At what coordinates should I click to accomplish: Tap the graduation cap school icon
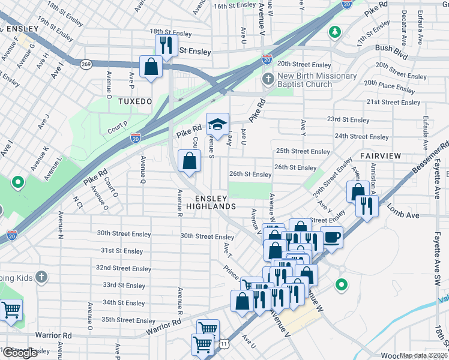(x=217, y=124)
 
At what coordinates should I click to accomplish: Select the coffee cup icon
(x=331, y=236)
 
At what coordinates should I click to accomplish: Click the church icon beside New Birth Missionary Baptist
(x=268, y=80)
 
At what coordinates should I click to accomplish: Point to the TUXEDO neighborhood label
(x=135, y=101)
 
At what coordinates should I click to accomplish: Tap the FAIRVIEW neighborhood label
(x=381, y=155)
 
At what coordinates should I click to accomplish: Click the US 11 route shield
(x=224, y=344)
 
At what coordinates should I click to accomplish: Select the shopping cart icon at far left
(x=11, y=310)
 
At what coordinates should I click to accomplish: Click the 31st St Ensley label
(x=122, y=251)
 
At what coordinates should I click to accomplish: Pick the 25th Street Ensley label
(x=303, y=151)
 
